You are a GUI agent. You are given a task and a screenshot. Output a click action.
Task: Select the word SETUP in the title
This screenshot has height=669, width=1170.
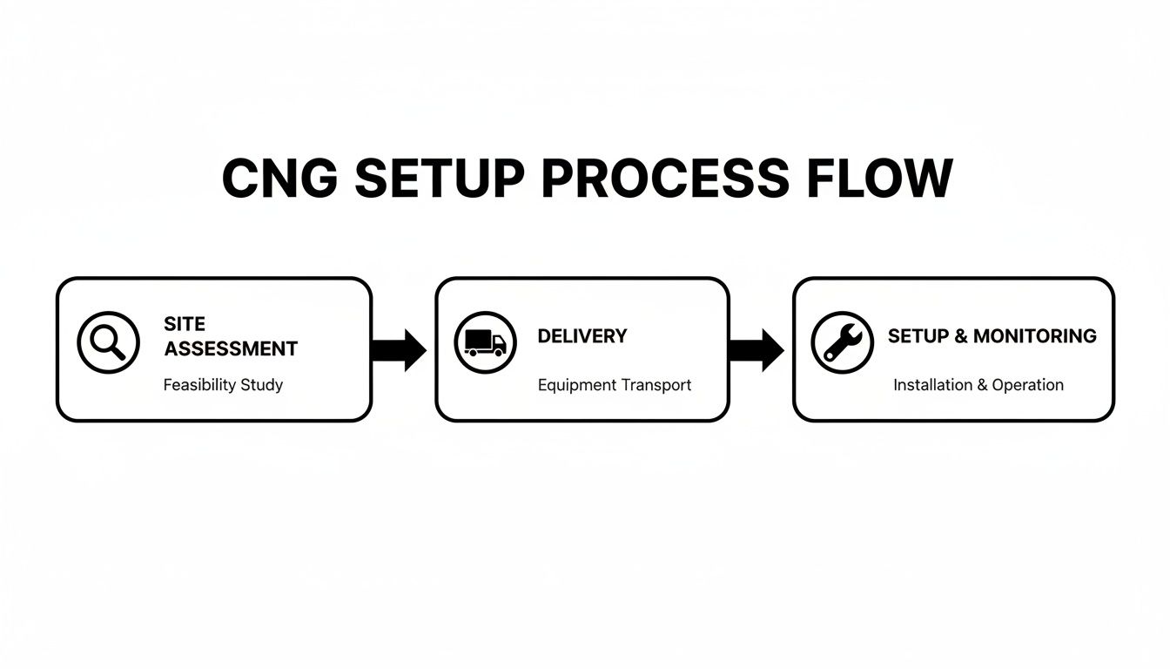[x=440, y=179]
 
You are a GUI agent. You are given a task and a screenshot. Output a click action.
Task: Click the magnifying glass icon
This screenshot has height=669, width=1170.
[x=108, y=342]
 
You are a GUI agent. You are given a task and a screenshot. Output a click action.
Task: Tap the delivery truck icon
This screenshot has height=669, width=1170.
[x=485, y=342]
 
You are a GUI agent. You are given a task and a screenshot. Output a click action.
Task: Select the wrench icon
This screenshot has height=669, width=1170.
[x=842, y=342]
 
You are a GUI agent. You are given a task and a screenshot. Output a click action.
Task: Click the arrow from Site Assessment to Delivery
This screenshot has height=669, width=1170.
[x=399, y=350]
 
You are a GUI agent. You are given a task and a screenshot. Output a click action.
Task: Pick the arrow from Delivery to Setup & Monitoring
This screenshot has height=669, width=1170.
[x=756, y=350]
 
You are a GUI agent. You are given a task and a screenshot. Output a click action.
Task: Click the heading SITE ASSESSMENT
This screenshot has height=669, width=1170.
[x=230, y=336]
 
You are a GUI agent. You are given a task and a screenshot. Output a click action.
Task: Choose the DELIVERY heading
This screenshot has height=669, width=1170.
[x=582, y=336]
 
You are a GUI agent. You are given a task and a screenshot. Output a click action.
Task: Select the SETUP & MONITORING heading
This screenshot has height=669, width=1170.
[x=992, y=336]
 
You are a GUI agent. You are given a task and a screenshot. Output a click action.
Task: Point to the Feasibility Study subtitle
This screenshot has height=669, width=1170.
[x=223, y=384]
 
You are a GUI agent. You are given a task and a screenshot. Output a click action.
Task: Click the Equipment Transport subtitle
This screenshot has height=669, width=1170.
[x=614, y=384]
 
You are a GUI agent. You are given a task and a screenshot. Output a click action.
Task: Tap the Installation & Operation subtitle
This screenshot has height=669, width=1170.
[x=978, y=384]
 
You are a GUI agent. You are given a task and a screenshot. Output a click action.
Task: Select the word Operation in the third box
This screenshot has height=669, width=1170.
[x=1027, y=384]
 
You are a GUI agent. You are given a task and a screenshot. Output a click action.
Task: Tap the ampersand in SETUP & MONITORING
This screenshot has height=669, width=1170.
[x=961, y=336]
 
